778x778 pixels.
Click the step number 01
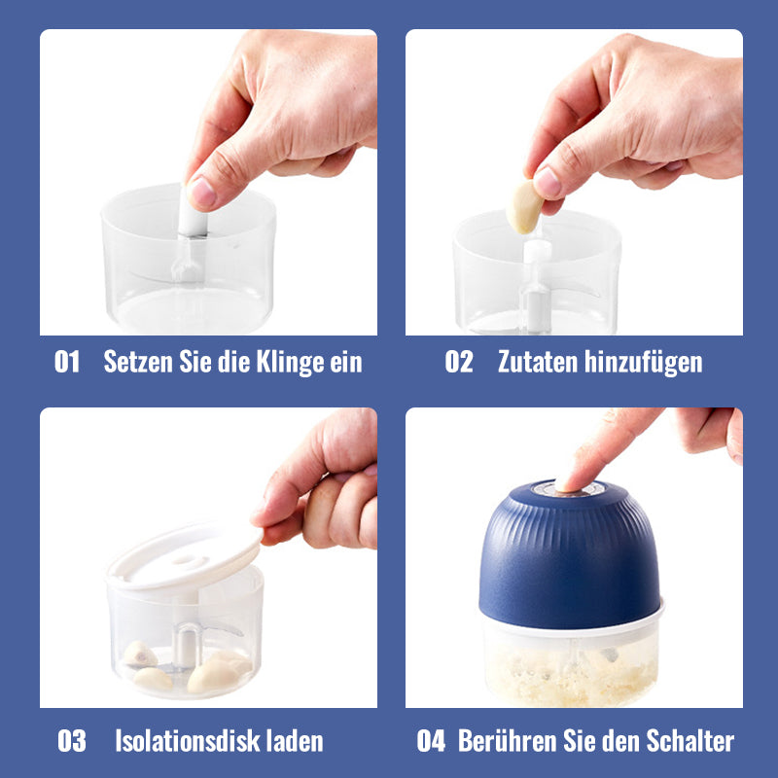click(67, 361)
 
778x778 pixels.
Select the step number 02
click(458, 361)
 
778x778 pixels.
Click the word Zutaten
click(538, 361)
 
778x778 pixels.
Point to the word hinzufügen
click(643, 362)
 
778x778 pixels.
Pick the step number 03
click(72, 741)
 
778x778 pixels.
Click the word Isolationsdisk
click(187, 741)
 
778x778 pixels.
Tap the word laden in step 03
click(295, 741)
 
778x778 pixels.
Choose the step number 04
click(431, 741)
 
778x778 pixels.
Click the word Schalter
click(690, 741)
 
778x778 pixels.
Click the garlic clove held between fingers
click(524, 207)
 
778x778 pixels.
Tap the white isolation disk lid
click(185, 556)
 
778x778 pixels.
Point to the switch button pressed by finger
click(571, 489)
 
